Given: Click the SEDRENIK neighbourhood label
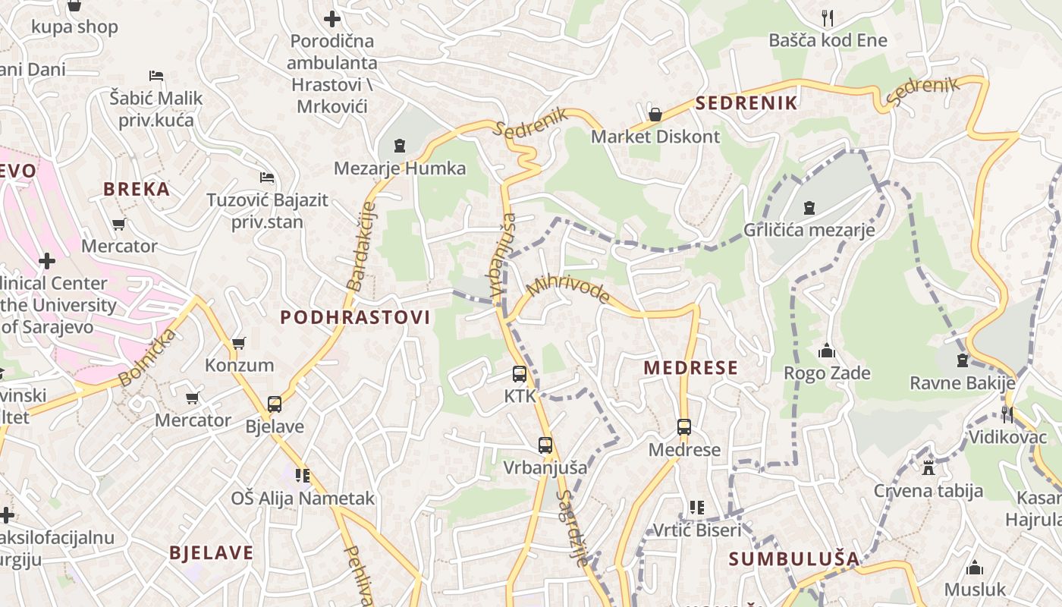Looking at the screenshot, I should [x=746, y=103].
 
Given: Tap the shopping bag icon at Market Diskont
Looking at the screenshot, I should [x=655, y=115].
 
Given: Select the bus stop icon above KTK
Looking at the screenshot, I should [x=520, y=373].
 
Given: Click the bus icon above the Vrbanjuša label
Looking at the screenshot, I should [x=545, y=445].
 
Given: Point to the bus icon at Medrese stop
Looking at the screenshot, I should [x=684, y=427].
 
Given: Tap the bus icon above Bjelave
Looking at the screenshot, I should [x=275, y=404].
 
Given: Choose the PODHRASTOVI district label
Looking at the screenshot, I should [x=355, y=317].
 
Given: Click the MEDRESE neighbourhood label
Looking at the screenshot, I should [x=690, y=368].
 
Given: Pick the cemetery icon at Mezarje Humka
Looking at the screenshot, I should [x=400, y=145].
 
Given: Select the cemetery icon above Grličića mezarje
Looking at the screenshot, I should [x=809, y=207].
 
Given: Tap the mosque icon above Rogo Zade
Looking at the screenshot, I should [x=827, y=351].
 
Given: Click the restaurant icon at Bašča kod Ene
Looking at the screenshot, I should [x=828, y=17].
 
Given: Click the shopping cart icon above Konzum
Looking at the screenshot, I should [x=239, y=343].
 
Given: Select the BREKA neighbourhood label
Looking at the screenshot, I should [x=137, y=189].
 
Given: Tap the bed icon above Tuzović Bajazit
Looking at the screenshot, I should [x=267, y=178].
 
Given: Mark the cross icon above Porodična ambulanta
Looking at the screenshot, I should [x=332, y=19].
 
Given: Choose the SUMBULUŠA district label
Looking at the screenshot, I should [x=794, y=559].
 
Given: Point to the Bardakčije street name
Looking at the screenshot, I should [x=361, y=245].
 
